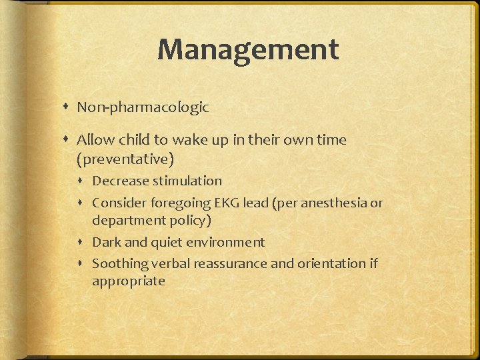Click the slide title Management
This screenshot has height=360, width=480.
(248, 49)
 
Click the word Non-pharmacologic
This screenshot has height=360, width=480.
(143, 107)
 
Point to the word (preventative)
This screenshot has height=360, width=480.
(125, 159)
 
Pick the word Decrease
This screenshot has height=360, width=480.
(121, 181)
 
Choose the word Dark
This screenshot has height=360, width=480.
(106, 242)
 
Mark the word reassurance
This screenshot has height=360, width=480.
(229, 263)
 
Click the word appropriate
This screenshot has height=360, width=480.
(128, 281)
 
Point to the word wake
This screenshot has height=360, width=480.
(187, 140)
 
